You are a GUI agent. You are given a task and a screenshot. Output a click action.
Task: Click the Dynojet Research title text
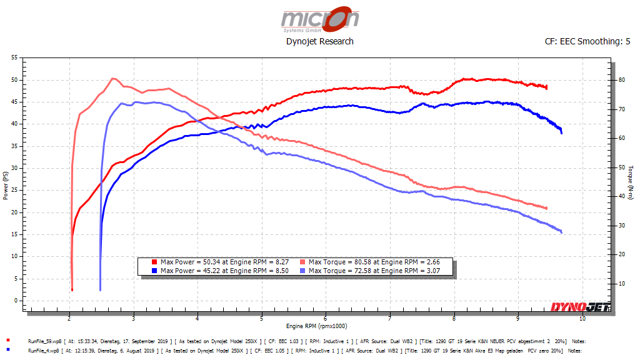click(x=319, y=41)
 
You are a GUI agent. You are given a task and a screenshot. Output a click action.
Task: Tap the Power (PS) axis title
click(x=6, y=186)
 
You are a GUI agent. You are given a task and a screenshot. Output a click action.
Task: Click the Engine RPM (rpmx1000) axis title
click(x=316, y=326)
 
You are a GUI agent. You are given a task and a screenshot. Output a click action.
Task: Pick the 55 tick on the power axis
click(x=14, y=57)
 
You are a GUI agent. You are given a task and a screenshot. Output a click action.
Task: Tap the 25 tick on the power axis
click(x=14, y=190)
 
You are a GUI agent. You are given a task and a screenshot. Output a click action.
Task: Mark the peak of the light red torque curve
click(x=112, y=79)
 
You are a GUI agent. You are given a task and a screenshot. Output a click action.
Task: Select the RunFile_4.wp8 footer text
click(x=44, y=351)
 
